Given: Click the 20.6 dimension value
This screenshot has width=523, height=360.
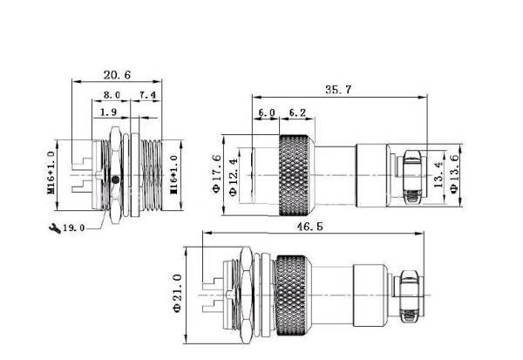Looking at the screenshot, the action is click(117, 75).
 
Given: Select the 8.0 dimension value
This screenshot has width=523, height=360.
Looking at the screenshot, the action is click(112, 95).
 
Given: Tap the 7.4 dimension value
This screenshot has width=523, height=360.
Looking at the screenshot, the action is click(148, 95).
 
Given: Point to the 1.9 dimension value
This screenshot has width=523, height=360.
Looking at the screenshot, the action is click(109, 112).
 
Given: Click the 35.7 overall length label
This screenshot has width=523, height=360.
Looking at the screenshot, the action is click(338, 90).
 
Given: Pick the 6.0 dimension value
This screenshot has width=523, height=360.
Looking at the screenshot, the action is click(267, 112).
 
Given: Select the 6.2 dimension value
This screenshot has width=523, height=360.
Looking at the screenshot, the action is click(297, 112).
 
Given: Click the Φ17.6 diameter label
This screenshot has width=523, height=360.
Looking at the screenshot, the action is click(217, 173).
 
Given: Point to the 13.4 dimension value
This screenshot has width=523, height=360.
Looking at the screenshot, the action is click(438, 174).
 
